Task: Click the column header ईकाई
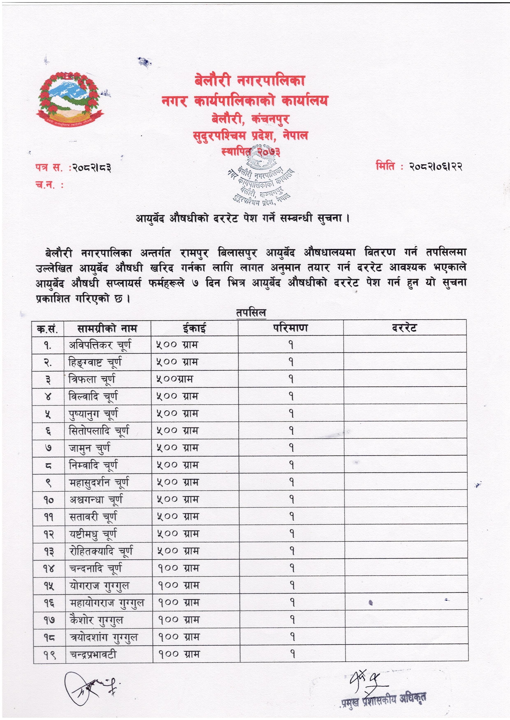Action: coord(194,328)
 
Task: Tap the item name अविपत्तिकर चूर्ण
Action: coord(100,345)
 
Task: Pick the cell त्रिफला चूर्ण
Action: coord(92,379)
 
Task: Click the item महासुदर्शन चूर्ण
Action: coord(99,482)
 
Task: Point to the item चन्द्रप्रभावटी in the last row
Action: coord(93,654)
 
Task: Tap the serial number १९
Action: coord(49,655)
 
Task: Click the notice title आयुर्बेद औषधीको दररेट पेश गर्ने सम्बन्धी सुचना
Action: coord(242,218)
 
